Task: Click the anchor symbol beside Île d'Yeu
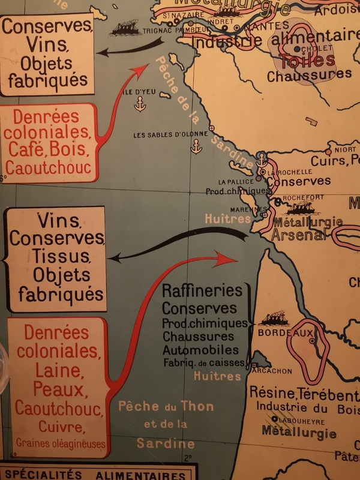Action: (140, 106)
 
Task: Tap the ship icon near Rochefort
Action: (302, 209)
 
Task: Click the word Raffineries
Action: (202, 291)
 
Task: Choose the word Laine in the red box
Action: (58, 370)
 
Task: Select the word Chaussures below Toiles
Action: (309, 75)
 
